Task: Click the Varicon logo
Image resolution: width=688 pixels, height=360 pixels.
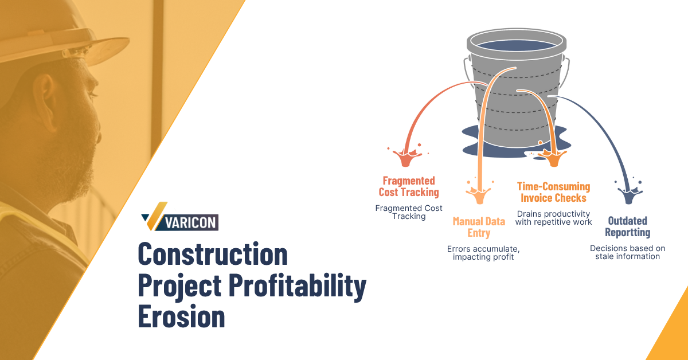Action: [179, 217]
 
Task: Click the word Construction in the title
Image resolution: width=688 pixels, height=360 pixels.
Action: [213, 254]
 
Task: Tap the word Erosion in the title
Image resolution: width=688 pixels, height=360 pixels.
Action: [182, 316]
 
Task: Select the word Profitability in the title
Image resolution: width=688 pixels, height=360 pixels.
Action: [298, 286]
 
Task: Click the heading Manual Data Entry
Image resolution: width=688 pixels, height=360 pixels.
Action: [479, 227]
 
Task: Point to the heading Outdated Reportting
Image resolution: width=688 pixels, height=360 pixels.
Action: [627, 226]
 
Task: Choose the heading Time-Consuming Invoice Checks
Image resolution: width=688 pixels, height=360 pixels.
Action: [553, 192]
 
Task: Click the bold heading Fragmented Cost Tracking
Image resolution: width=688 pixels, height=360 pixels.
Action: [409, 186]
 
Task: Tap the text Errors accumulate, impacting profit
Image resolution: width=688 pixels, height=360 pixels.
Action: [483, 253]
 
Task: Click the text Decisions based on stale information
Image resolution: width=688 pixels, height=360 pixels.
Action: [627, 252]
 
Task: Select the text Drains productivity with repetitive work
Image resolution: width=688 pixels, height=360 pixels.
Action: [553, 218]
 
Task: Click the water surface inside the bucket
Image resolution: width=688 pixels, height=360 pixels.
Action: [517, 45]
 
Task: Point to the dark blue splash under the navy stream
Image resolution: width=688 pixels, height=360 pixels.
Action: [629, 194]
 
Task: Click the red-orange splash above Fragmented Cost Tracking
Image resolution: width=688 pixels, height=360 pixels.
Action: [405, 156]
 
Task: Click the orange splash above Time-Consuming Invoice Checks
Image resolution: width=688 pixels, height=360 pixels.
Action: [553, 157]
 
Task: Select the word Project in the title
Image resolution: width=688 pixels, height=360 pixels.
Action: [179, 286]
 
